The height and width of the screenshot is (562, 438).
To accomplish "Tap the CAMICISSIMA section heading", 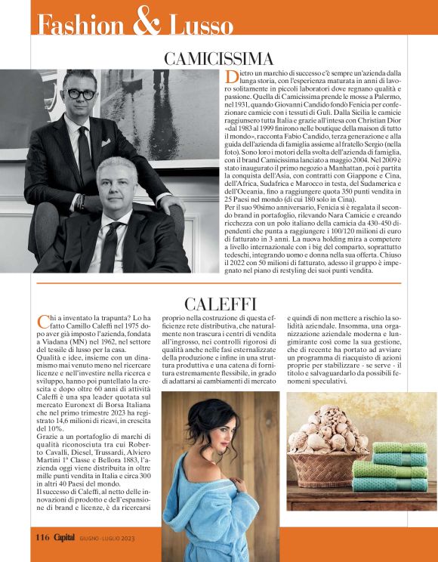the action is pyautogui.click(x=219, y=59).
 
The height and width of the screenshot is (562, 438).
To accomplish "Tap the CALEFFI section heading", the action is pyautogui.click(x=219, y=304).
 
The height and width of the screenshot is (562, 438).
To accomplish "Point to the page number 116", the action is pyautogui.click(x=42, y=537).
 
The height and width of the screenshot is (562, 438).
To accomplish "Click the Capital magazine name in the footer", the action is pyautogui.click(x=64, y=537).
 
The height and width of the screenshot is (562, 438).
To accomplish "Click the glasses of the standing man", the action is pyautogui.click(x=82, y=94).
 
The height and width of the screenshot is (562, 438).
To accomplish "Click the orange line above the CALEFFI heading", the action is pyautogui.click(x=219, y=284).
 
